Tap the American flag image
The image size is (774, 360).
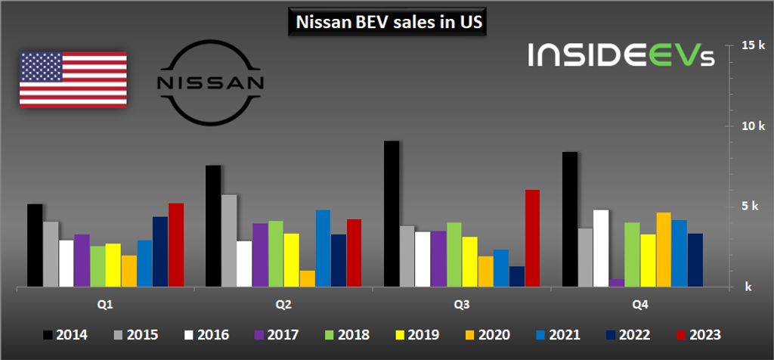[x=73, y=79]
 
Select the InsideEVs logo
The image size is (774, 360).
[x=621, y=54]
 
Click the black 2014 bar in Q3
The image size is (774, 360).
[x=392, y=214]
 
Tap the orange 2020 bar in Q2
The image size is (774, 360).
[x=307, y=279]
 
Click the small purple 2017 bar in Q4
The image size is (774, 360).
[x=617, y=283]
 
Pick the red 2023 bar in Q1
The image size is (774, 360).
[x=176, y=245]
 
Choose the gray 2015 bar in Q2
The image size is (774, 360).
[x=229, y=241]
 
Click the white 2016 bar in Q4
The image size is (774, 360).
[x=601, y=248]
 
